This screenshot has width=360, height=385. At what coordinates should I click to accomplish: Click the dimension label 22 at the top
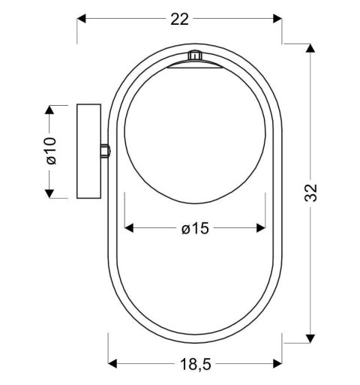tap(179, 20)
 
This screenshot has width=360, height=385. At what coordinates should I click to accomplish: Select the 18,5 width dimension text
tap(195, 365)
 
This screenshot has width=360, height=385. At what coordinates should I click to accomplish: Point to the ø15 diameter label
tap(195, 229)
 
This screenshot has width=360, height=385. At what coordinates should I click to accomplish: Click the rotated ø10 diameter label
tap(50, 150)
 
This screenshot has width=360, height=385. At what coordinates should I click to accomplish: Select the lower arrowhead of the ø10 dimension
tap(50, 193)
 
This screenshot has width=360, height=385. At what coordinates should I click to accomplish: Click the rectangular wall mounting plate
tap(88, 152)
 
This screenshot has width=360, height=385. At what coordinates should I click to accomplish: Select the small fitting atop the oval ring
tap(194, 55)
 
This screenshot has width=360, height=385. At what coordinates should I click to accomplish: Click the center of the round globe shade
tap(195, 135)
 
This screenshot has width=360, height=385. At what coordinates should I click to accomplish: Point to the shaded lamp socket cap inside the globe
tap(195, 68)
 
